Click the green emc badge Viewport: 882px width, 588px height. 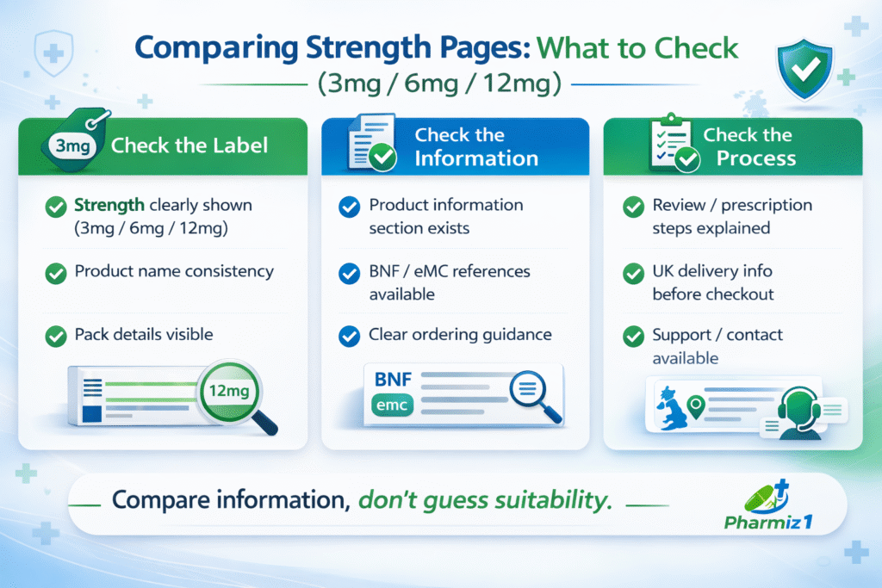pyautogui.click(x=394, y=405)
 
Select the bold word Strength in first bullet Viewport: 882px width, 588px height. pyautogui.click(x=108, y=206)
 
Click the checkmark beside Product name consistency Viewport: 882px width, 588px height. pyautogui.click(x=56, y=273)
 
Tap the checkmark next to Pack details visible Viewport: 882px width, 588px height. pyautogui.click(x=56, y=336)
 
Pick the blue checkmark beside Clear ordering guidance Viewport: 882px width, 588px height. pyautogui.click(x=349, y=336)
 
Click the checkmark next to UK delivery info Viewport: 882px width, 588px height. pyautogui.click(x=633, y=273)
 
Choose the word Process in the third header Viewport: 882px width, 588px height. pyautogui.click(x=744, y=158)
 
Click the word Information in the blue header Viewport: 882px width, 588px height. pyautogui.click(x=475, y=158)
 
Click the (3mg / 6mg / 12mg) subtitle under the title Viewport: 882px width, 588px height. pyautogui.click(x=440, y=86)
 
